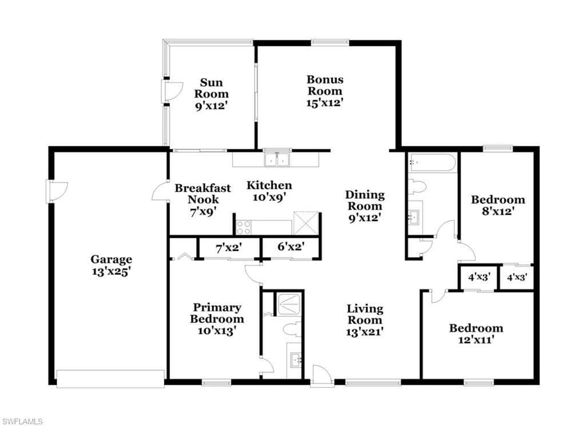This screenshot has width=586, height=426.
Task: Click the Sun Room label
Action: click(x=211, y=88)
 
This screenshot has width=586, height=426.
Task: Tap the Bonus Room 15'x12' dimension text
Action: click(x=325, y=103)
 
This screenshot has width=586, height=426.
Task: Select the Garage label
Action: click(x=112, y=259)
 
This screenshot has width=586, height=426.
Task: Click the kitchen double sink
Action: click(x=278, y=159)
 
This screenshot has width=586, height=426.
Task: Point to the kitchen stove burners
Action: click(x=243, y=227)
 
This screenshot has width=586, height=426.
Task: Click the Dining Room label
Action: click(x=365, y=200)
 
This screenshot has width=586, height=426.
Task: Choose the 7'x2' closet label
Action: click(x=229, y=247)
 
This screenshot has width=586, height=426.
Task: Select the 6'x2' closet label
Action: click(x=291, y=246)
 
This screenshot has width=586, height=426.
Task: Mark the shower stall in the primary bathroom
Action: click(x=288, y=303)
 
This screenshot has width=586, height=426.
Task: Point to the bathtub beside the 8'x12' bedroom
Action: click(x=432, y=162)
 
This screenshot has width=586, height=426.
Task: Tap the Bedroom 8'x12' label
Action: click(x=498, y=205)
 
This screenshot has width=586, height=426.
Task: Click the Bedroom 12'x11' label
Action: click(x=476, y=334)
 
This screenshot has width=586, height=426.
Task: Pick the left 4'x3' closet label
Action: click(x=480, y=278)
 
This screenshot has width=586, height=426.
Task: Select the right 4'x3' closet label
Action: click(x=517, y=278)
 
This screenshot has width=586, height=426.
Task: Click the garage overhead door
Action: click(x=110, y=379)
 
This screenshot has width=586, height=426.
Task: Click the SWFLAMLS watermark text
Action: click(x=22, y=421)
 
